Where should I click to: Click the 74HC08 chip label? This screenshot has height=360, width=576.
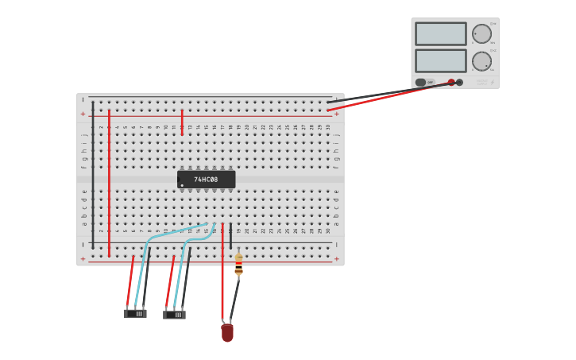pyautogui.click(x=206, y=180)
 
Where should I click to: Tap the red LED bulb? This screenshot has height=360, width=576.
pyautogui.click(x=227, y=332)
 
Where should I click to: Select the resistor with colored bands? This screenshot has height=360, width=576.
pyautogui.click(x=238, y=264)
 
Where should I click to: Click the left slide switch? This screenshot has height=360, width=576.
pyautogui.click(x=135, y=313)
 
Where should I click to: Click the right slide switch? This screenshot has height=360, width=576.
pyautogui.click(x=174, y=315)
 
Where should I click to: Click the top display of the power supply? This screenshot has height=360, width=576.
pyautogui.click(x=440, y=33)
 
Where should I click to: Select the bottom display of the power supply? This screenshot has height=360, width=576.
pyautogui.click(x=440, y=61)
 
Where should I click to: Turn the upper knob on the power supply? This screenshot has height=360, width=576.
pyautogui.click(x=481, y=33)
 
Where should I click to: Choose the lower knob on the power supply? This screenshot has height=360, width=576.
pyautogui.click(x=481, y=61)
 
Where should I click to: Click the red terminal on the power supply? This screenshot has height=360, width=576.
pyautogui.click(x=451, y=82)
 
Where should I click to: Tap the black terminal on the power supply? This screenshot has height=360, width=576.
pyautogui.click(x=459, y=82)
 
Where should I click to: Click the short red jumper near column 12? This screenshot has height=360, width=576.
pyautogui.click(x=182, y=122)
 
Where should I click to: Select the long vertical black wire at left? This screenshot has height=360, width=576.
pyautogui.click(x=93, y=175)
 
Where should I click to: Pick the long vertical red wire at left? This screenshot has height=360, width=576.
pyautogui.click(x=109, y=183)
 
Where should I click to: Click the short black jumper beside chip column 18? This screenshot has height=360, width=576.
pyautogui.click(x=230, y=237)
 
